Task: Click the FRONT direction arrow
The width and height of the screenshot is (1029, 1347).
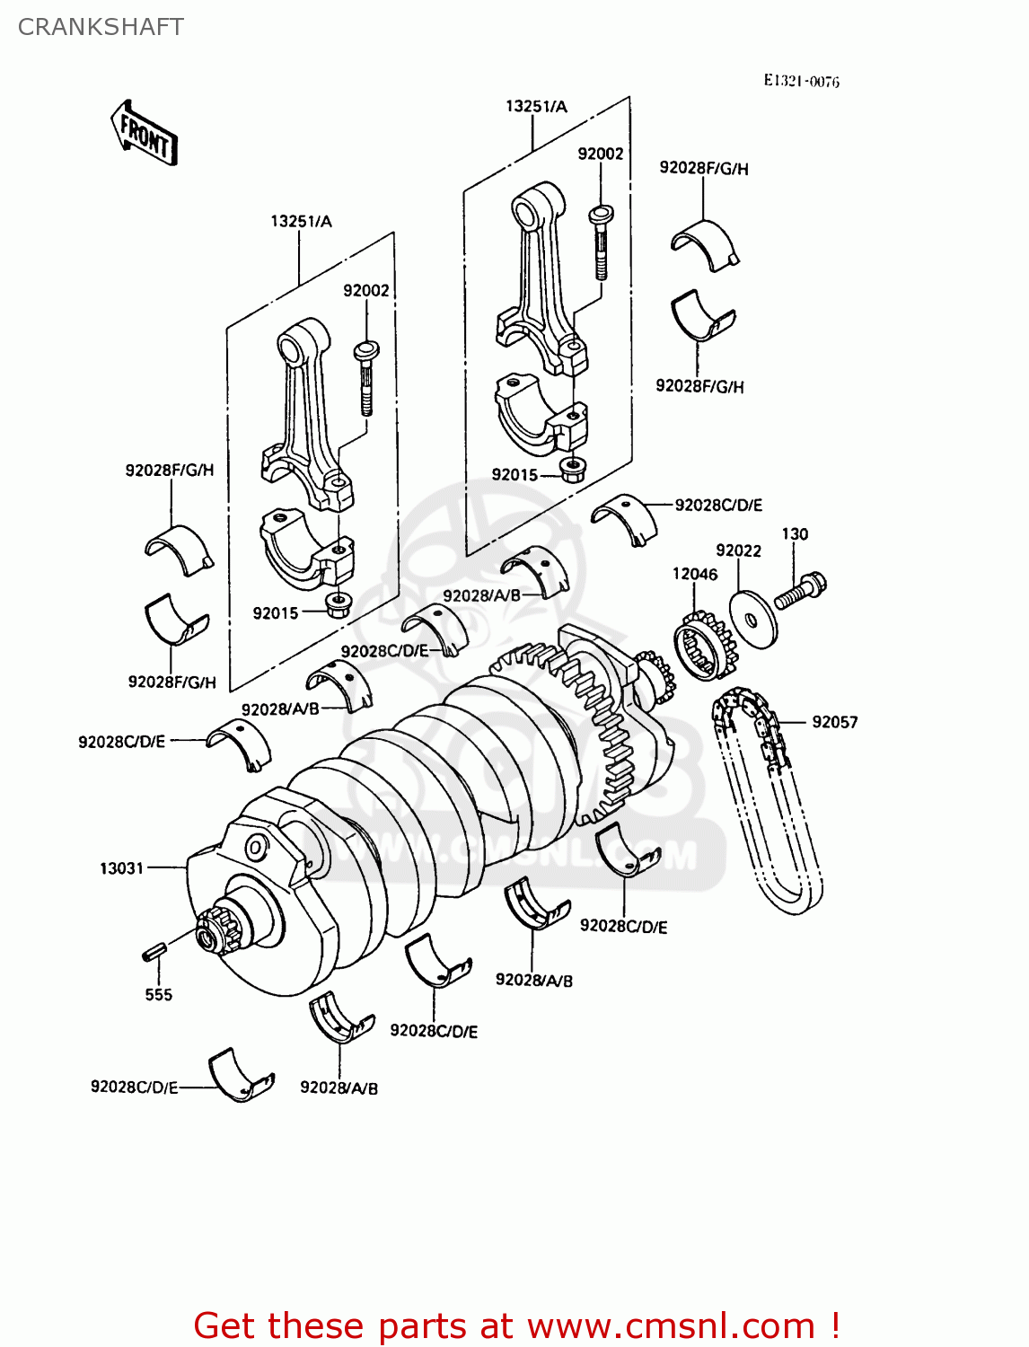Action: [x=144, y=133]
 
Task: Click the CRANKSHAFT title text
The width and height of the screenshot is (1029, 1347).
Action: [x=101, y=27]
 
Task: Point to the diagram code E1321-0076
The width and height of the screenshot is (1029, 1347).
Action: [x=801, y=81]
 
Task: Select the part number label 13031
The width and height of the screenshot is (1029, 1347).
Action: [x=121, y=868]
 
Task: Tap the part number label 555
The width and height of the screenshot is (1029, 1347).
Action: [x=158, y=994]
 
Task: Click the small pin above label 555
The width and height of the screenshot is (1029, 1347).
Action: [x=152, y=952]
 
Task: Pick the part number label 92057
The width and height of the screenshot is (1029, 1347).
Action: [x=834, y=722]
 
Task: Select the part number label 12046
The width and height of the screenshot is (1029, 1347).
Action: [x=695, y=574]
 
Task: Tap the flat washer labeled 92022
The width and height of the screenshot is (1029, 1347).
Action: [x=752, y=617]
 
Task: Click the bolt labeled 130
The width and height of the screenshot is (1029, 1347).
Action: [x=800, y=591]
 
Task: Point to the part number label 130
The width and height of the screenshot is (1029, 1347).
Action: [x=795, y=534]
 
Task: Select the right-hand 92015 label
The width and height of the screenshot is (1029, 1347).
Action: [x=514, y=474]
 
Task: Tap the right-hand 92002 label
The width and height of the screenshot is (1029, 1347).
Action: [x=600, y=154]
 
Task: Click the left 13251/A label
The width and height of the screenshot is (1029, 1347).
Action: [x=301, y=221]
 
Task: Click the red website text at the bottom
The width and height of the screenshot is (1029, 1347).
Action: [x=516, y=1325]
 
